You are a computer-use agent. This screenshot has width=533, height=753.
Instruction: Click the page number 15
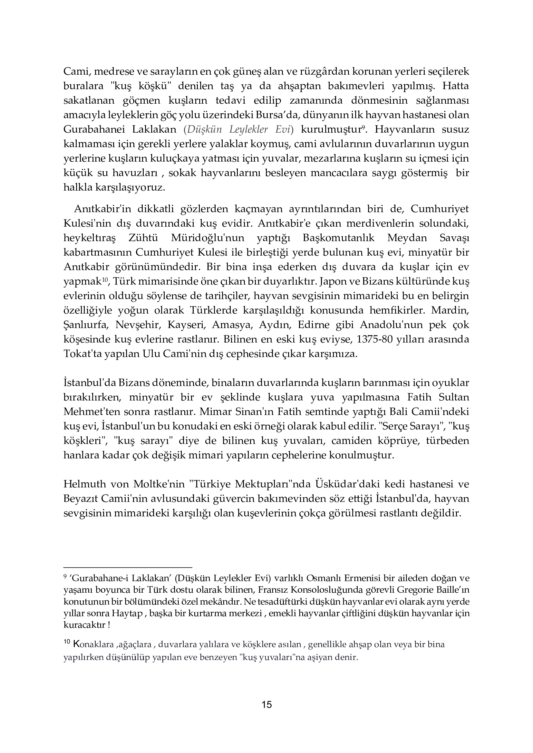coord(266,704)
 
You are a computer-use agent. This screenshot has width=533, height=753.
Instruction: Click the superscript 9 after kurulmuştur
coord(363,127)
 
